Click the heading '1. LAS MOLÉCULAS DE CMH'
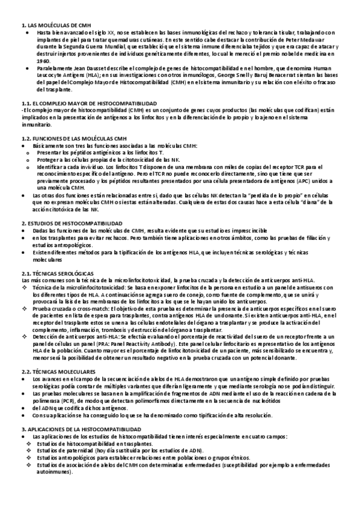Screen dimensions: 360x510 [47, 25]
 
